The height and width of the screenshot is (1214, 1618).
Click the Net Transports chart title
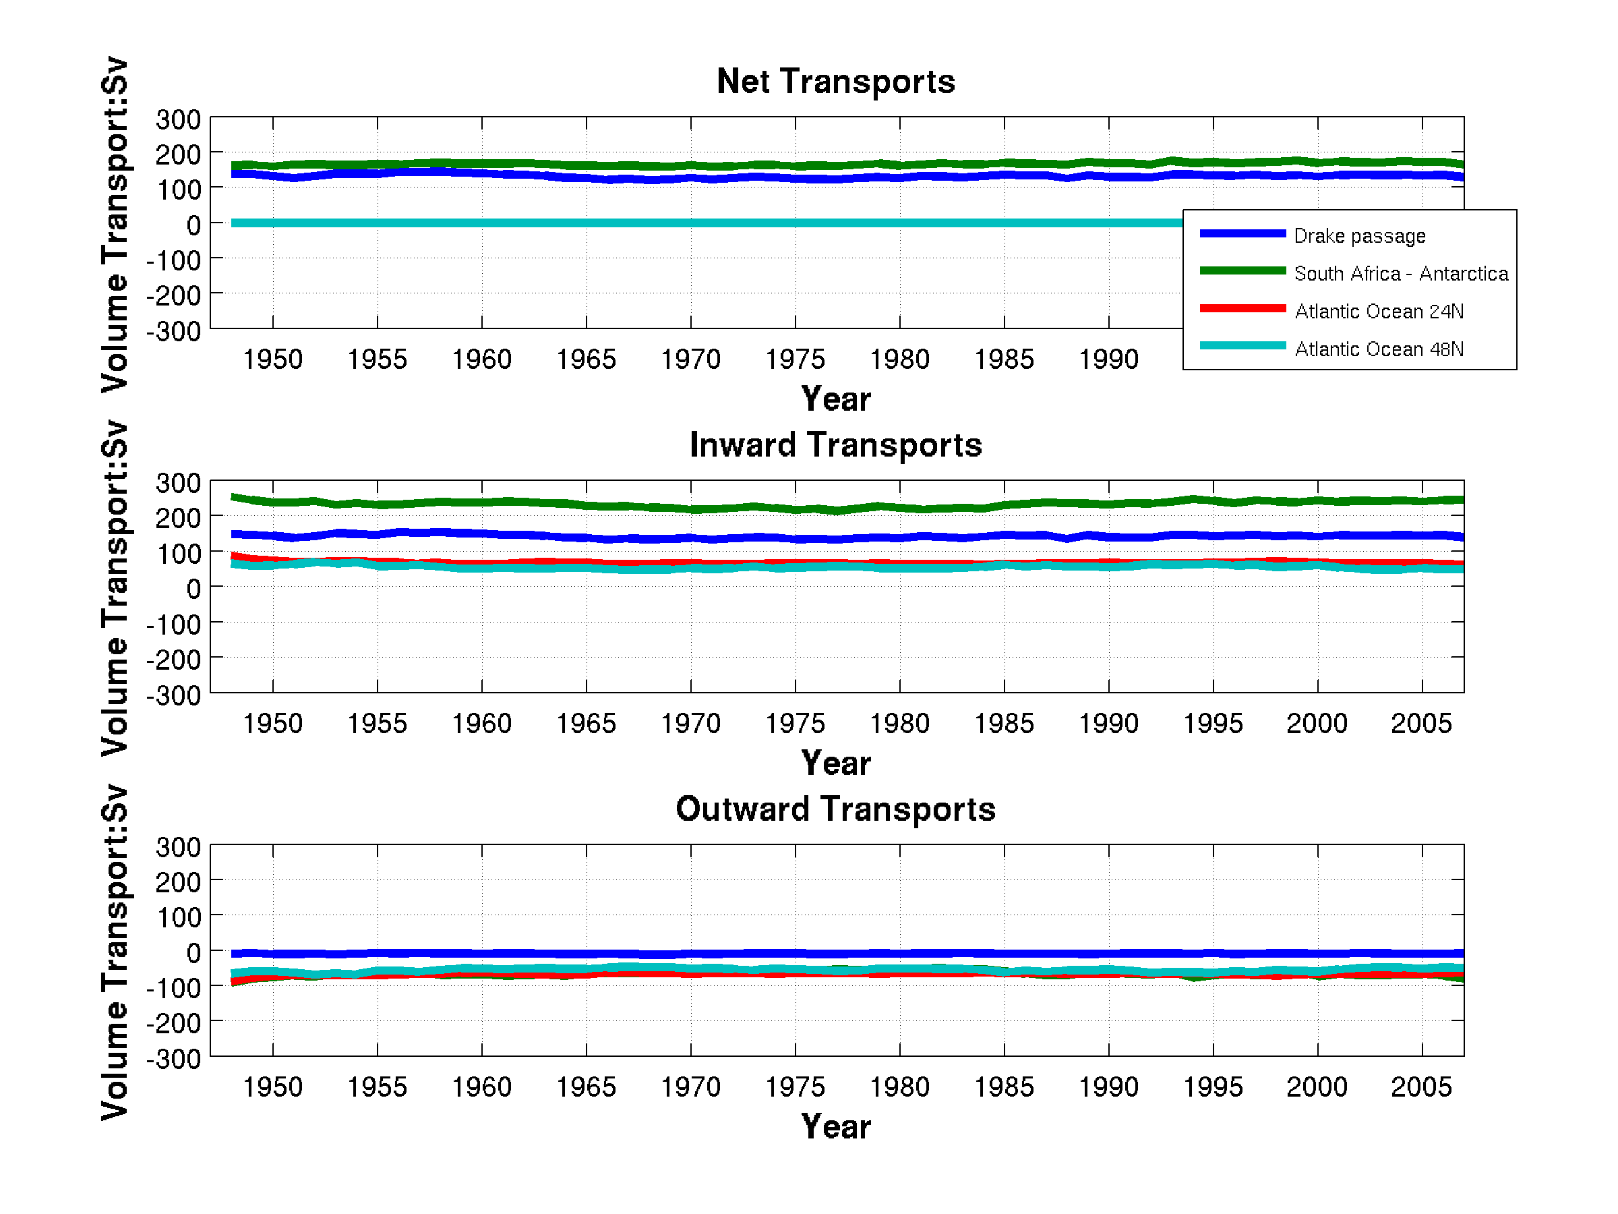835,81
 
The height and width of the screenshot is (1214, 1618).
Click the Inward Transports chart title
835,445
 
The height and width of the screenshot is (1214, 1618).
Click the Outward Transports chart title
835,809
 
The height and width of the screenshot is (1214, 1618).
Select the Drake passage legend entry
1359,235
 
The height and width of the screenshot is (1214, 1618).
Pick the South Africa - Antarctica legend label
1400,274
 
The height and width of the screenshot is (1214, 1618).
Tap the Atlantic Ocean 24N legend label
1379,311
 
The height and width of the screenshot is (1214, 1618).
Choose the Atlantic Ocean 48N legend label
1379,349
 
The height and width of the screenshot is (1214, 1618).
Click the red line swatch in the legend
1242,309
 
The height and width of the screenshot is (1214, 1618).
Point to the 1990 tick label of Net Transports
1108,359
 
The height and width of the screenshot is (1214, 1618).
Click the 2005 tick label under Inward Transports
1420,723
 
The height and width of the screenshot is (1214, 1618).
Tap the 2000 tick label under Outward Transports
1317,1087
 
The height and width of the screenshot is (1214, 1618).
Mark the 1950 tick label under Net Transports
272,359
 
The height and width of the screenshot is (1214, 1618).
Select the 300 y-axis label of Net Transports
178,119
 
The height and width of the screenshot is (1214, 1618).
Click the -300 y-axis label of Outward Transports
173,1059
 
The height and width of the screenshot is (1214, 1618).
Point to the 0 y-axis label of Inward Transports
193,588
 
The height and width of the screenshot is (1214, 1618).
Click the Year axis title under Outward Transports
835,1126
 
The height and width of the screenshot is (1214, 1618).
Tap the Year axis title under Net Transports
835,399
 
